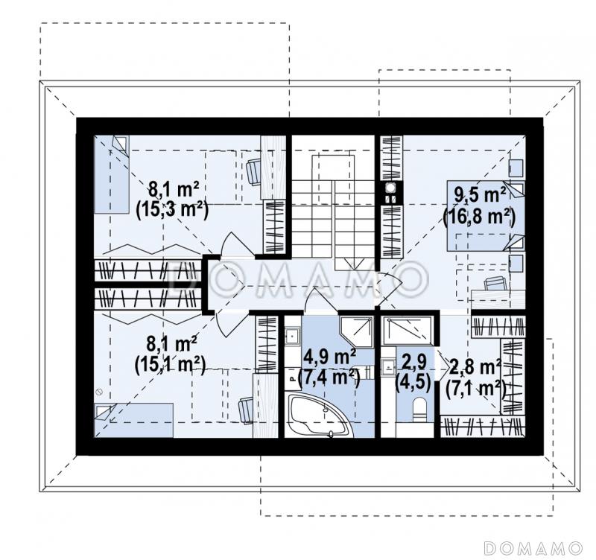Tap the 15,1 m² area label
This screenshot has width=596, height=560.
pyautogui.click(x=170, y=366)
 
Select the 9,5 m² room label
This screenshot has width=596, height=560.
pyautogui.click(x=480, y=195)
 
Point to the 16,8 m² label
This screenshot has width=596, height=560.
pyautogui.click(x=479, y=217)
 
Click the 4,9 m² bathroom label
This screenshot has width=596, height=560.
pyautogui.click(x=330, y=357)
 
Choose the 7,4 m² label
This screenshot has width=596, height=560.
pyautogui.click(x=329, y=378)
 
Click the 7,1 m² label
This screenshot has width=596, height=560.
pyautogui.click(x=476, y=388)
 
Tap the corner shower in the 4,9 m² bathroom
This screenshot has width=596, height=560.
pyautogui.click(x=356, y=331)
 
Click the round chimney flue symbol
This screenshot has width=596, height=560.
pyautogui.click(x=390, y=188)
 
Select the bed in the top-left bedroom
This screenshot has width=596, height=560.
pyautogui.click(x=112, y=174)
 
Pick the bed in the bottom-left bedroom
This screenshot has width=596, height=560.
pyautogui.click(x=134, y=420)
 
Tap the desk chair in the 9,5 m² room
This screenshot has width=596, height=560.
pyautogui.click(x=495, y=284)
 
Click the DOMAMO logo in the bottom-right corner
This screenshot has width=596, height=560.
pyautogui.click(x=533, y=548)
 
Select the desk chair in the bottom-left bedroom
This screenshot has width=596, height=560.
pyautogui.click(x=246, y=409)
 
